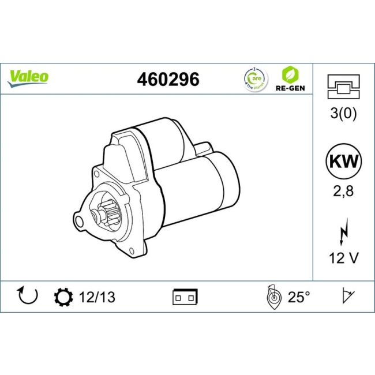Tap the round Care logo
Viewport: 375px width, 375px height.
click(x=254, y=79)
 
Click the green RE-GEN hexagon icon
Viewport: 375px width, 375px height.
click(x=290, y=75)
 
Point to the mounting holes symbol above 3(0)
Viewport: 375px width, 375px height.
click(x=343, y=87)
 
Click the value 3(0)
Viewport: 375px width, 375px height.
click(x=343, y=114)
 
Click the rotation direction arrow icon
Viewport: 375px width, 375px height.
click(x=28, y=296)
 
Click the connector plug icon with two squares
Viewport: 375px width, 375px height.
click(x=185, y=297)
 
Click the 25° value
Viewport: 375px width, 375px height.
click(x=299, y=297)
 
